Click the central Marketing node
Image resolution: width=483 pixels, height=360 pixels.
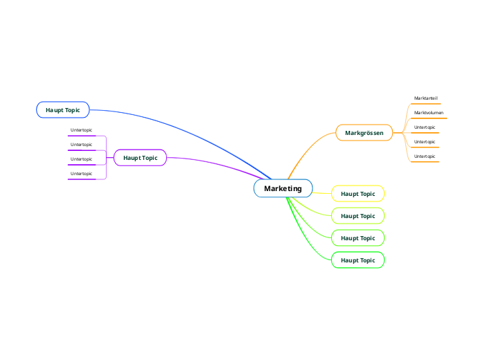coord(283,188)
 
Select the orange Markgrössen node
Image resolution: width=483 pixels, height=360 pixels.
coord(364,132)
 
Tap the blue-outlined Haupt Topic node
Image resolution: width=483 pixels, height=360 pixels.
coord(62,109)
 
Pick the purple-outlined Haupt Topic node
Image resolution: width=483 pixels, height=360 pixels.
coord(140,158)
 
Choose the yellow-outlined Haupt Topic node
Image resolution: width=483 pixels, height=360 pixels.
coord(358,194)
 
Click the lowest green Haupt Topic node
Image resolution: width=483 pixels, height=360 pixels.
coord(358,260)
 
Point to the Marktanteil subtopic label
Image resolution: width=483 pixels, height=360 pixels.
coord(425,98)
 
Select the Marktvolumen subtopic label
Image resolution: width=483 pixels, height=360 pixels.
coord(428,113)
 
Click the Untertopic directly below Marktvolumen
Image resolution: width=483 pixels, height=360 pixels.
coord(425,127)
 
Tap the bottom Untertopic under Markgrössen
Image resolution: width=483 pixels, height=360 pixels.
coord(425,156)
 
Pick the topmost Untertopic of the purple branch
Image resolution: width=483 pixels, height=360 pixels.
coord(81,130)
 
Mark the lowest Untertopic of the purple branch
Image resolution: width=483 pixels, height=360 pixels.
coord(81,174)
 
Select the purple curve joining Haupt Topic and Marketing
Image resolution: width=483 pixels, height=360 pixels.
coord(215,163)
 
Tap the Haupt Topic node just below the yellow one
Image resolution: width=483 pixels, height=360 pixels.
coord(358,216)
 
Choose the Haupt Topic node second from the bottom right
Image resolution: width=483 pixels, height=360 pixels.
coord(358,238)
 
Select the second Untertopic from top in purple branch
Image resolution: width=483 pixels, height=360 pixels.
coord(81,145)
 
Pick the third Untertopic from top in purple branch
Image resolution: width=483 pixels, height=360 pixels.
coord(81,159)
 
